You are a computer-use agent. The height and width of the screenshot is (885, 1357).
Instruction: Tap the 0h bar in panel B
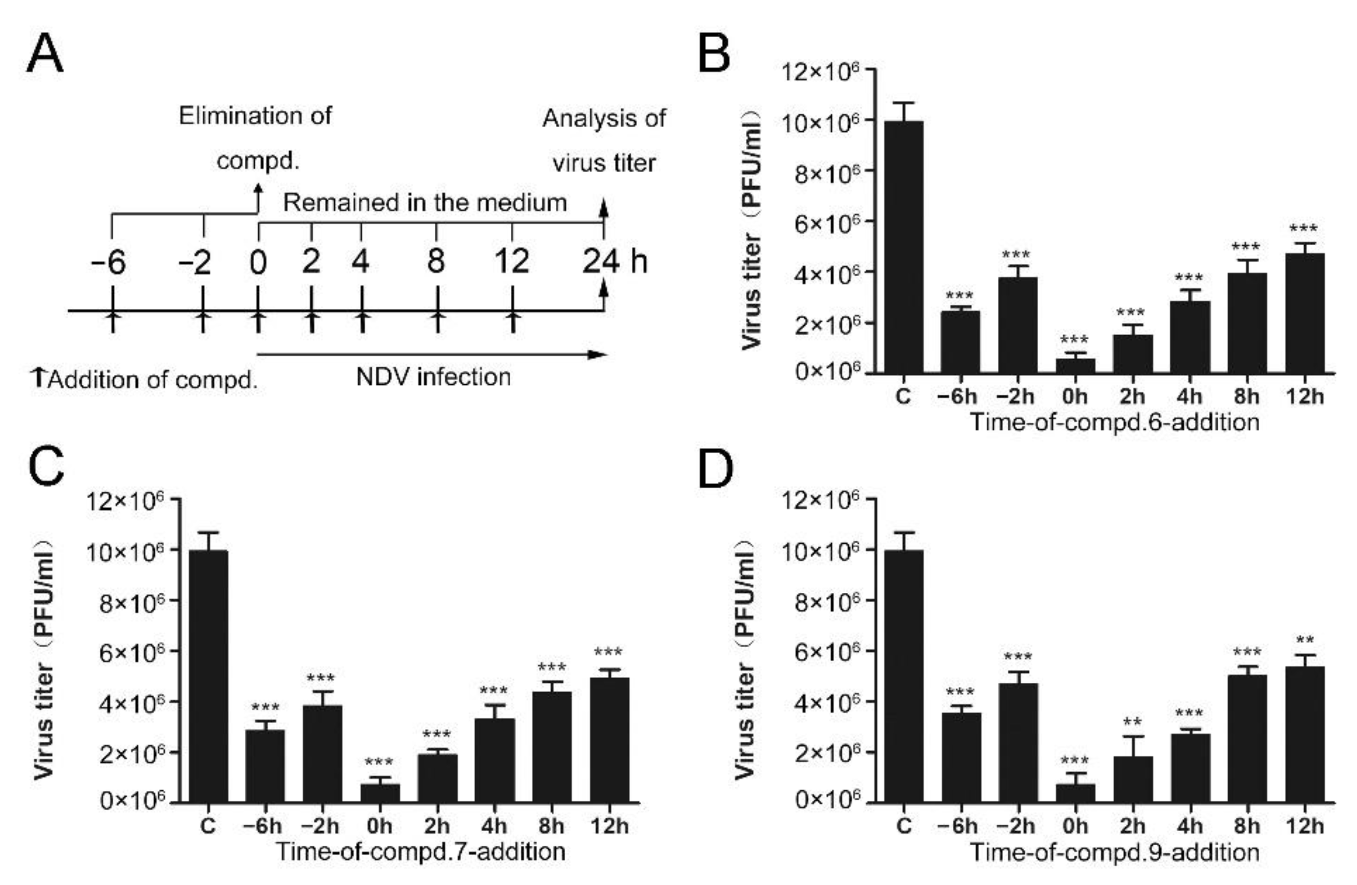pos(1075,365)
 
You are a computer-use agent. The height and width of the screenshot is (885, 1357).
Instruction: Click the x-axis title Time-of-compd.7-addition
pos(421,851)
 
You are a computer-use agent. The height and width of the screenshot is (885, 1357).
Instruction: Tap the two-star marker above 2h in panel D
pos(1132,723)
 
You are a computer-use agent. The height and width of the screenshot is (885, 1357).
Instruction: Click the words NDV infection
pos(433,377)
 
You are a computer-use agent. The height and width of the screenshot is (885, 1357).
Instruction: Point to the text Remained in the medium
pos(425,202)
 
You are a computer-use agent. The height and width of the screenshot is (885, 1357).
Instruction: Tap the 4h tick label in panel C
pos(494,826)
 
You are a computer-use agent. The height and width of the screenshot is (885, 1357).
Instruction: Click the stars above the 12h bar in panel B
pos(1304,229)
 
